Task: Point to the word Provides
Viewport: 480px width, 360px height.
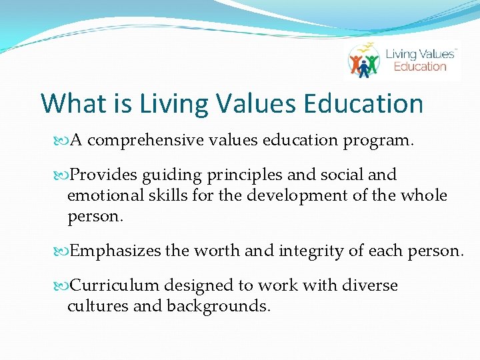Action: (x=103, y=175)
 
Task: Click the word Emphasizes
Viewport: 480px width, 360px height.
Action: (x=115, y=251)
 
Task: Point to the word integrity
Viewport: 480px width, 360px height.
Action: (x=313, y=251)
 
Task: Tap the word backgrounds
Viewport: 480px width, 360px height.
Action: (x=219, y=307)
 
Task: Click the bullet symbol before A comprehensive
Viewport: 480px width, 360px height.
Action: (x=63, y=141)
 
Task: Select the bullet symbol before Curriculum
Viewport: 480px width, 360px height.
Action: (x=63, y=287)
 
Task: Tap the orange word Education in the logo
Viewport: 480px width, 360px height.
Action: (x=419, y=67)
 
